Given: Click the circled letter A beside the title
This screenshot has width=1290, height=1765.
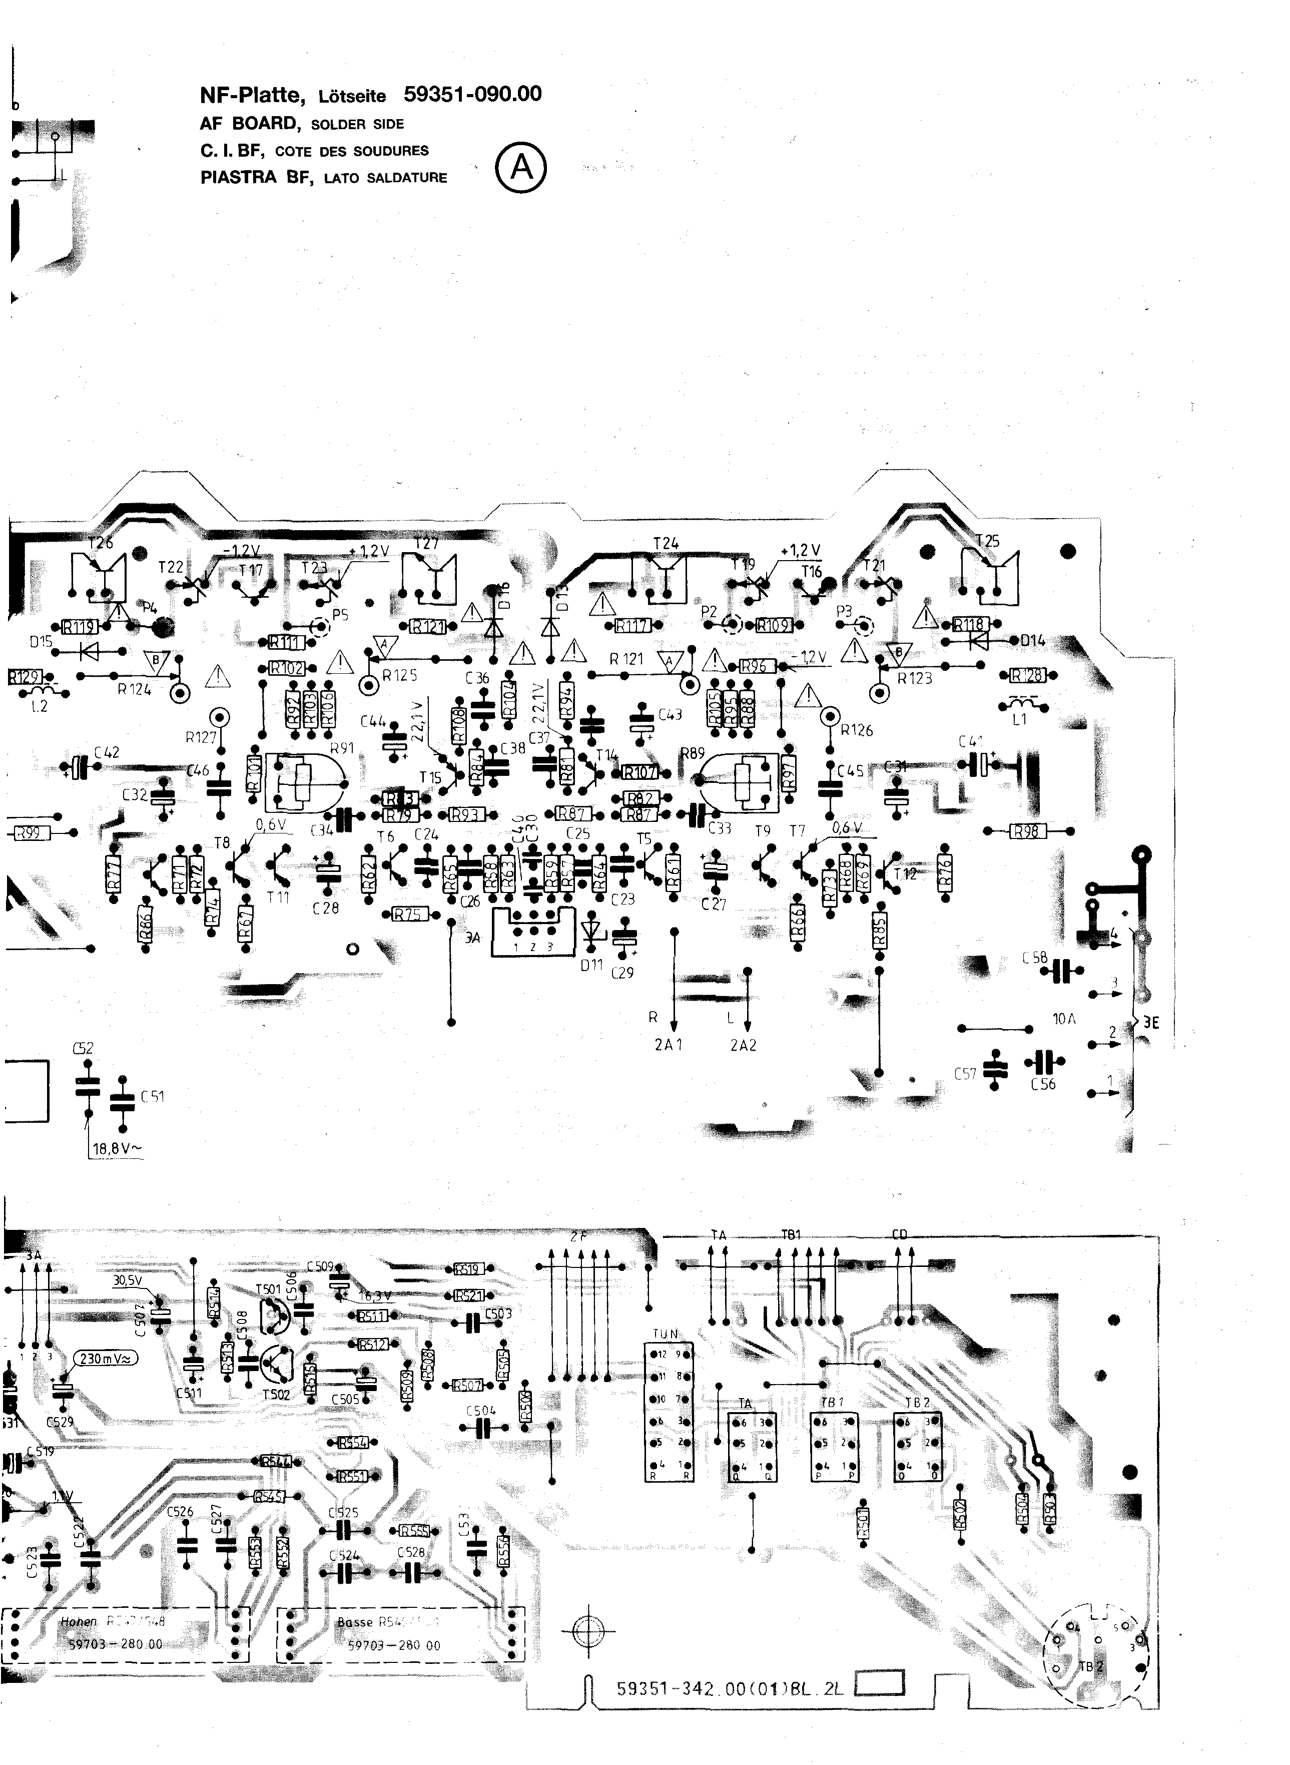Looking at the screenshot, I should (521, 168).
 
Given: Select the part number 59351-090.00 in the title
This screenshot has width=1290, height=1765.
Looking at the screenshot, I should (472, 95).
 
